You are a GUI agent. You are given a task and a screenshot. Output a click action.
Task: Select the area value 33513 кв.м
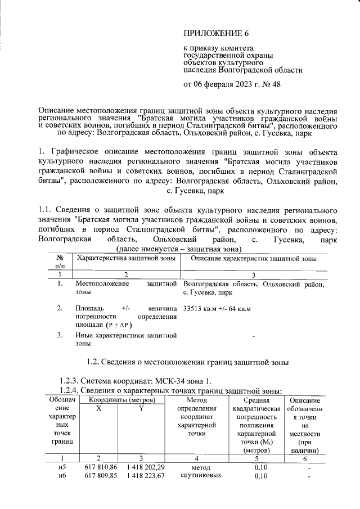click(199, 309)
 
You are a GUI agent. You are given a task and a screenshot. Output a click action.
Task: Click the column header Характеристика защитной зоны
click(126, 258)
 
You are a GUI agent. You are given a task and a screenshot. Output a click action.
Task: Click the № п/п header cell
click(60, 262)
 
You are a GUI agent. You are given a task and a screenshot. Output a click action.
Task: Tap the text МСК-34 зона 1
click(172, 381)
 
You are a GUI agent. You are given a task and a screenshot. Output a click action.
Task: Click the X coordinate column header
click(98, 409)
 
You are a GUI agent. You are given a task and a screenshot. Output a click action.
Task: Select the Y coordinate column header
click(141, 409)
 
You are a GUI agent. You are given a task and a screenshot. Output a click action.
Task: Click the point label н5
click(62, 467)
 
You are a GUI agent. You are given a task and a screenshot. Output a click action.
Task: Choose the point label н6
click(62, 476)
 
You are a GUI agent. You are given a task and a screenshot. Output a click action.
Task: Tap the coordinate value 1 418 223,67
click(145, 476)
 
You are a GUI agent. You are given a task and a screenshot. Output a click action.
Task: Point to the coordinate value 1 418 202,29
click(145, 467)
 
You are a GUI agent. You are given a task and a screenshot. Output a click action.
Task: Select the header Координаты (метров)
click(119, 399)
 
